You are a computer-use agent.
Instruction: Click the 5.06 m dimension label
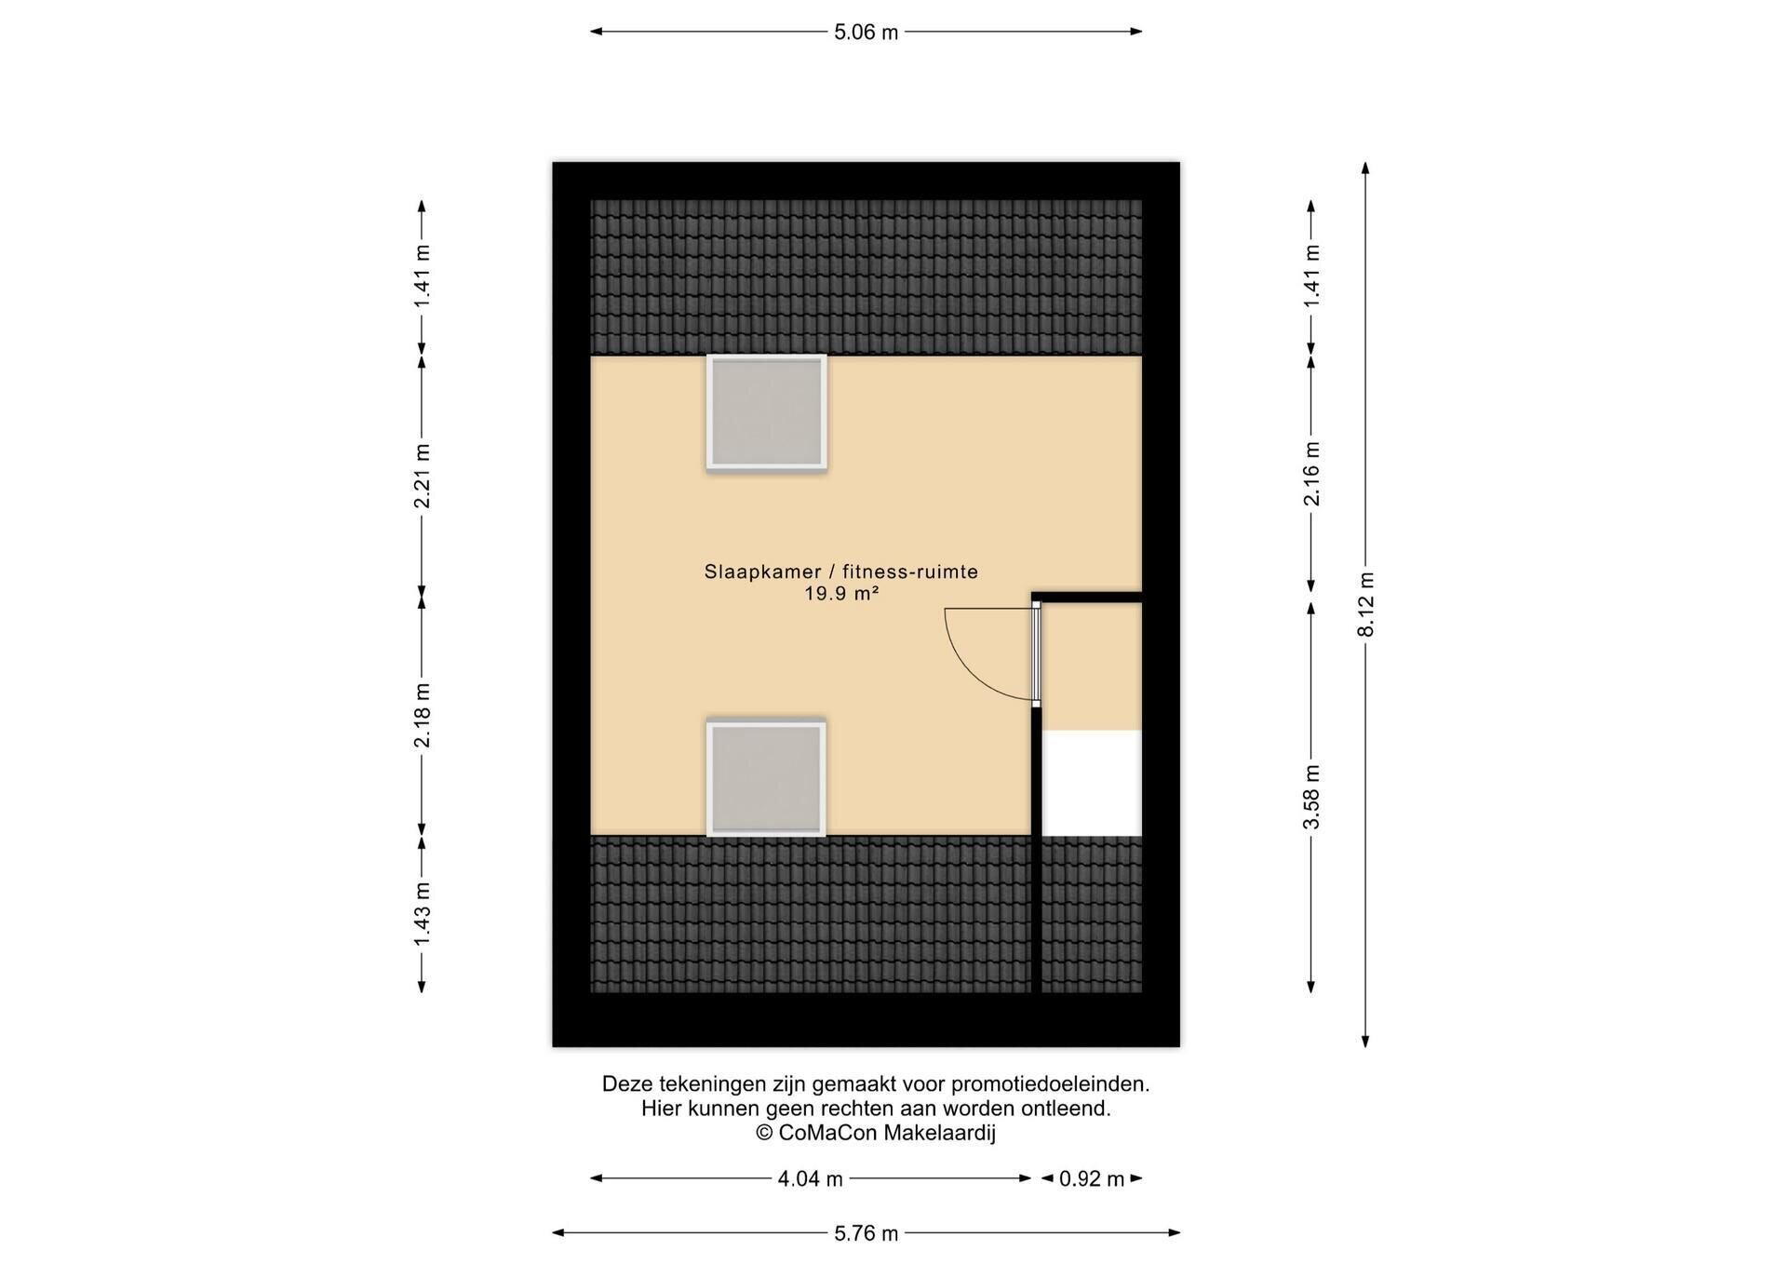[x=866, y=33]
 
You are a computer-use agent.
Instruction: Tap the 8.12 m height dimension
[x=1366, y=604]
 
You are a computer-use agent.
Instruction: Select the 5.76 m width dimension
[x=866, y=1233]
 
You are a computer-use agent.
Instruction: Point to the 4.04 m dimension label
[x=810, y=1179]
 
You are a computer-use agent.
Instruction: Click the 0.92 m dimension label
[x=1092, y=1179]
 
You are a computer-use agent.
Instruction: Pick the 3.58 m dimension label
[x=1311, y=797]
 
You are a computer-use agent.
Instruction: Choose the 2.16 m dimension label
[x=1311, y=474]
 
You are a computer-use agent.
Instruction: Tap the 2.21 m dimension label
[x=423, y=476]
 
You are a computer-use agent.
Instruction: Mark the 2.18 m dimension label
[x=423, y=715]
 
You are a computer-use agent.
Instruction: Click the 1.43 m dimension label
[x=423, y=913]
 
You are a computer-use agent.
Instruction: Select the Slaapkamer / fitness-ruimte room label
[x=841, y=571]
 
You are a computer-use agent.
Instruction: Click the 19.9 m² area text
[x=841, y=594]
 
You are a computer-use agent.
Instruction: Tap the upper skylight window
[x=766, y=412]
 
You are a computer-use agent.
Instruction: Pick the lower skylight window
[x=766, y=778]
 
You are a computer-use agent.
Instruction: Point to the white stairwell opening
[x=1092, y=784]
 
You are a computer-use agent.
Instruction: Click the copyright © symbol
[x=764, y=1133]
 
